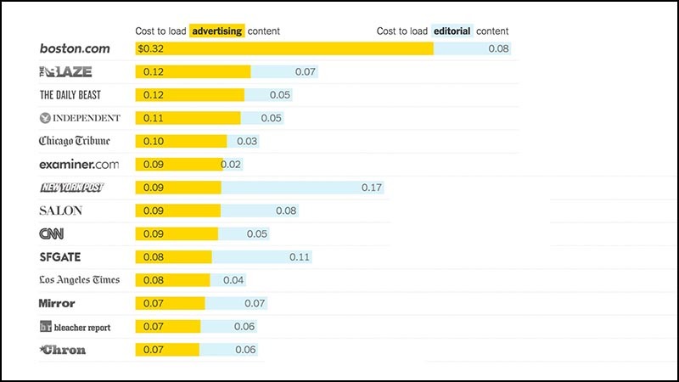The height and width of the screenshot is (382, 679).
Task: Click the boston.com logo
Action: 75,48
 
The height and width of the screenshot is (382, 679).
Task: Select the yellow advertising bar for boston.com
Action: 284,48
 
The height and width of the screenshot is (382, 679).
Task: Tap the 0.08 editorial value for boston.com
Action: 498,48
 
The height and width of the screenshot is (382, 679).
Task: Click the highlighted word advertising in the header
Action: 217,31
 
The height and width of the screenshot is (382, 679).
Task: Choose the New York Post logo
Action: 71,188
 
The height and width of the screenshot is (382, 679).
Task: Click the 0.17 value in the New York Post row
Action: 372,188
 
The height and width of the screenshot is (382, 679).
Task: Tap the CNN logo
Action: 51,233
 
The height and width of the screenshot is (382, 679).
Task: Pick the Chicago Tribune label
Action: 74,141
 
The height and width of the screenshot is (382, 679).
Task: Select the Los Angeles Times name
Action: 79,280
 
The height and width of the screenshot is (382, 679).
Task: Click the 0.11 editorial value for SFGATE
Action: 300,256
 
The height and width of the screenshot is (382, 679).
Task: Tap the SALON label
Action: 60,211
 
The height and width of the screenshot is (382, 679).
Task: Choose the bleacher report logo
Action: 75,327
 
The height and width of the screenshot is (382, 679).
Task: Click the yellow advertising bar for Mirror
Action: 170,303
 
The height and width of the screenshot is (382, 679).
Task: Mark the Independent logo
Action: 80,118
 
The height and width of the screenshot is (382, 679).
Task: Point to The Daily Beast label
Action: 70,94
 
